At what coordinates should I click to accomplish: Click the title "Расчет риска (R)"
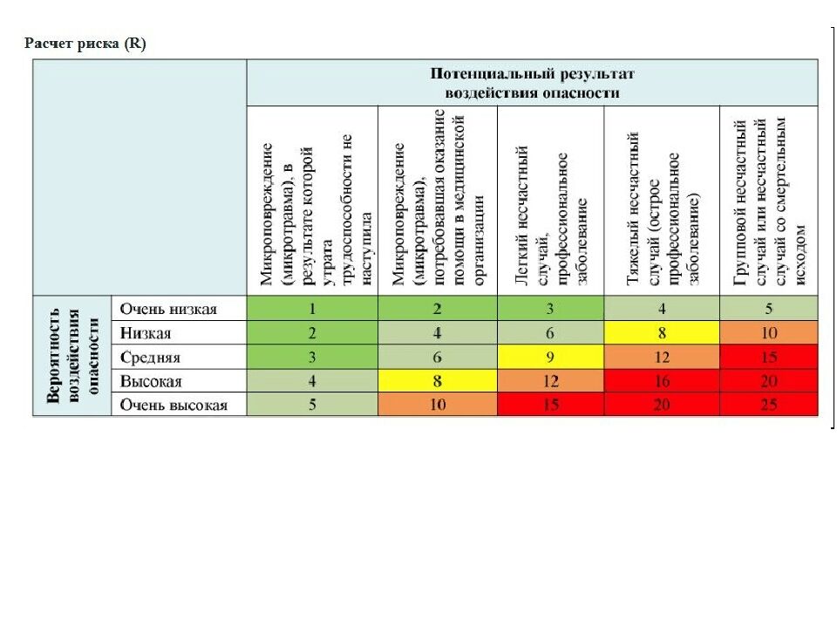pos(85,44)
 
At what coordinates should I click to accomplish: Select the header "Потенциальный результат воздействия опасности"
pos(533,83)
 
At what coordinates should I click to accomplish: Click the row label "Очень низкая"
pos(169,309)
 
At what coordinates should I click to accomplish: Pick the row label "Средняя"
pos(151,357)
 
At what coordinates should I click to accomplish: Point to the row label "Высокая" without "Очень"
pos(152,381)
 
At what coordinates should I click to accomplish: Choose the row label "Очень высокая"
pos(174,405)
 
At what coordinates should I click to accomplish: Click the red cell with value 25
pos(768,405)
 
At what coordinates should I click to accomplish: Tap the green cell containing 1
pos(312,309)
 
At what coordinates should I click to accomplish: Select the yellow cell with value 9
pos(550,357)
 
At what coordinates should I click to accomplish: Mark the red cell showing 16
pos(661,381)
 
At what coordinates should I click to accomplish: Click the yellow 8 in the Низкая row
pos(661,332)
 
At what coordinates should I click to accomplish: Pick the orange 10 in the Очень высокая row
pos(438,405)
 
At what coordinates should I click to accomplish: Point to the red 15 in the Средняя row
pos(768,357)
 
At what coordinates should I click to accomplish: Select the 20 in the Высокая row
pos(768,381)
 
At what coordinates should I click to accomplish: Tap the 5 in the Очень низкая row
pos(768,309)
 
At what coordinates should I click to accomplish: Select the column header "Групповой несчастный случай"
pos(768,201)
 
